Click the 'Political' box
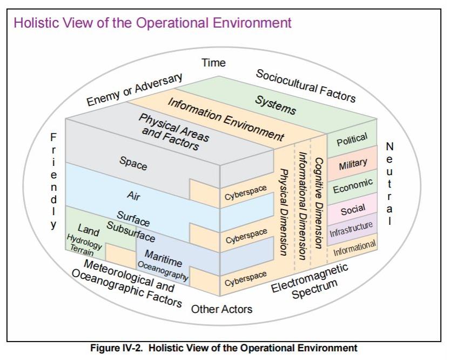point(352,142)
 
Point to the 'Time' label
point(213,63)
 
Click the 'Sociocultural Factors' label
point(306,85)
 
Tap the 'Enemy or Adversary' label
point(135,90)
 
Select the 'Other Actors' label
point(222,309)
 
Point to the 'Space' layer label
point(133,163)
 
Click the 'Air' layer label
point(133,196)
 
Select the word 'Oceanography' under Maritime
point(163,270)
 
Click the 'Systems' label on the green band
point(276,106)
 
